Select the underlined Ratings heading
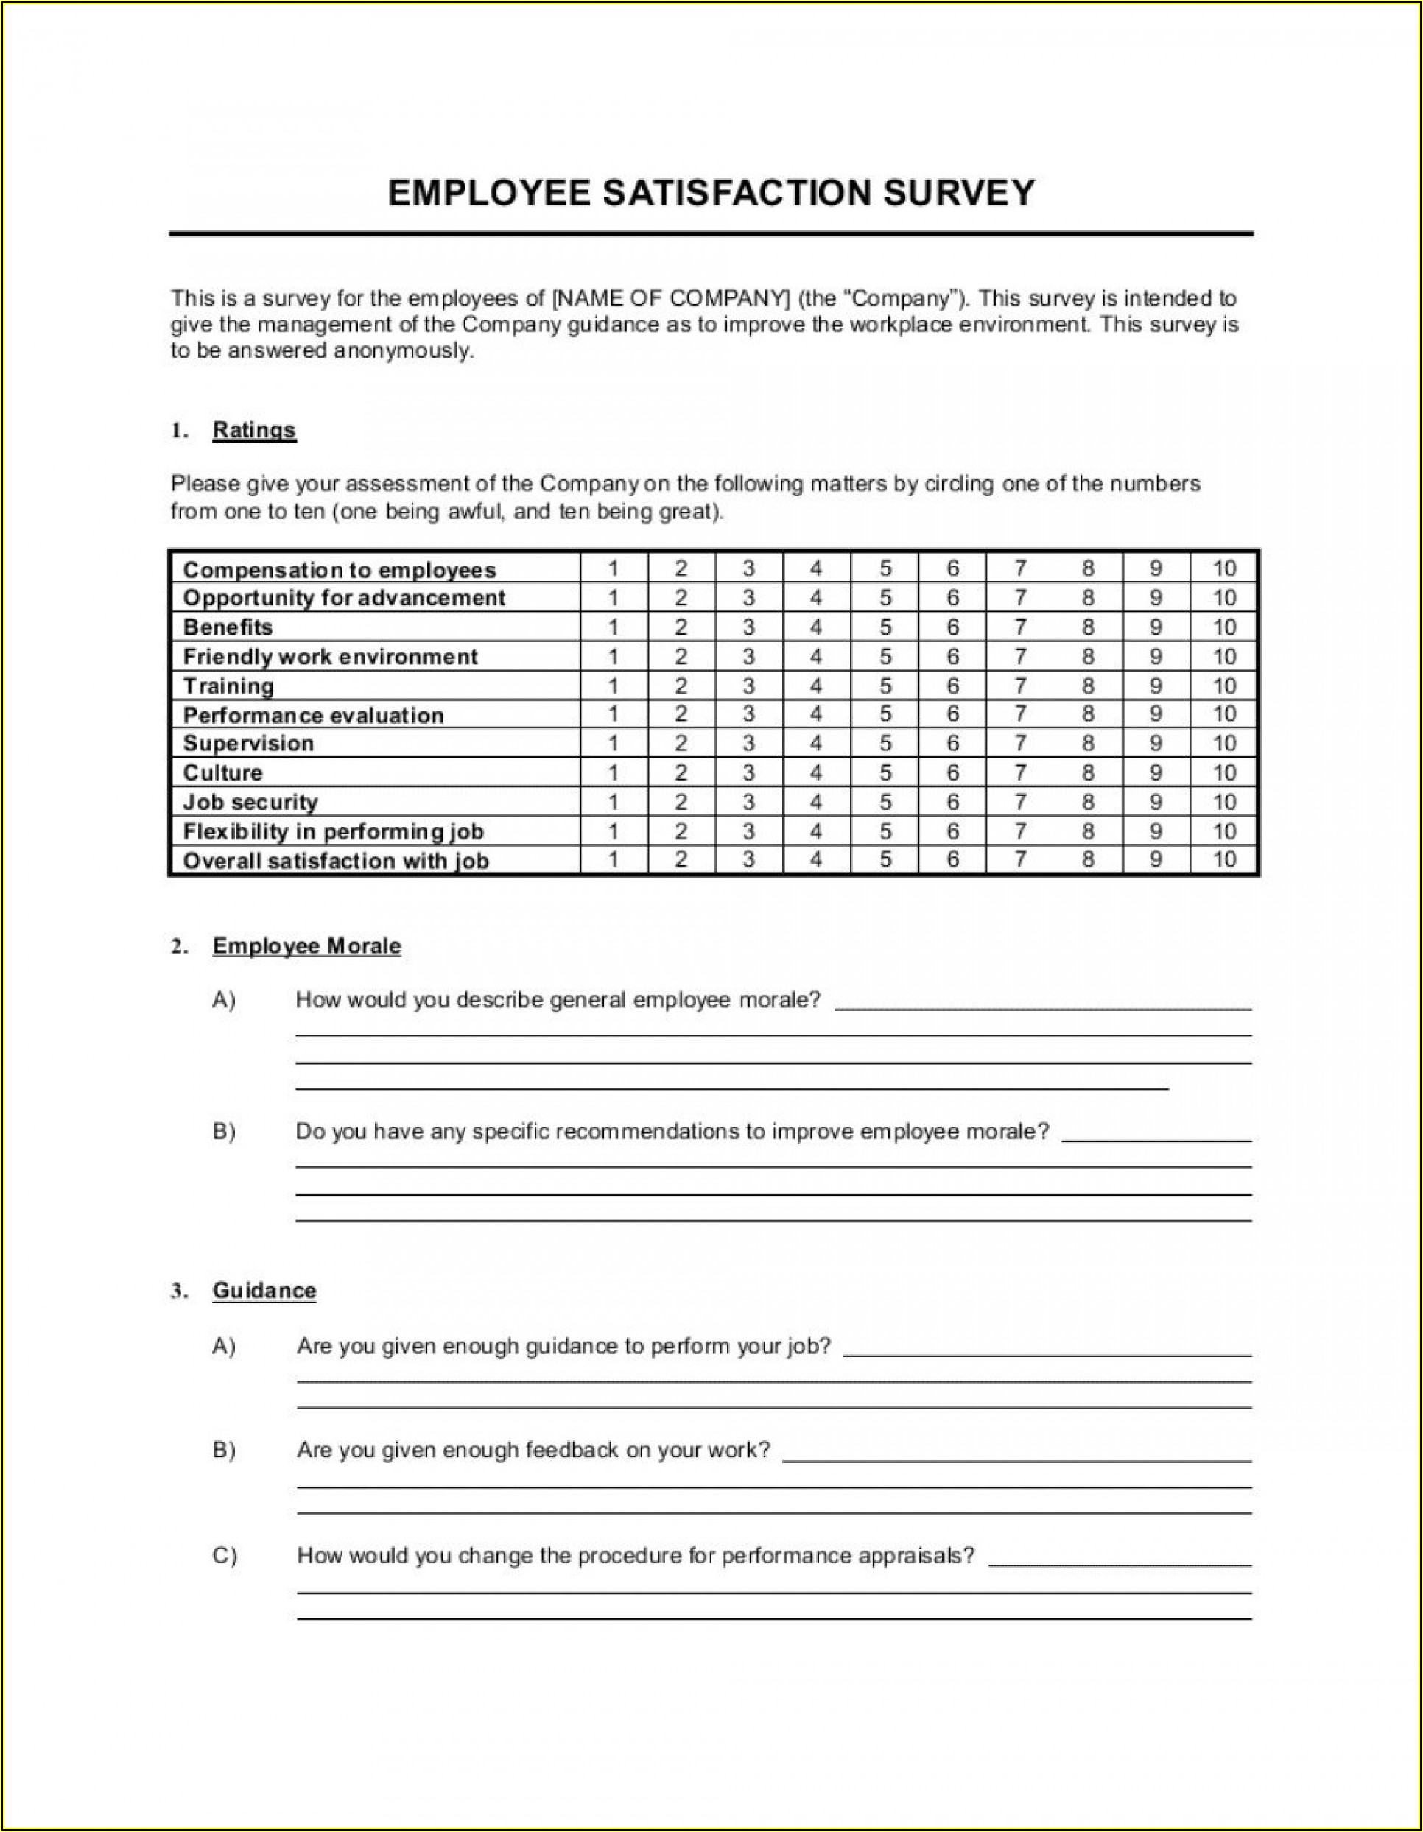(254, 430)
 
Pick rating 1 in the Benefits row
(614, 627)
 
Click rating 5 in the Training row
(885, 686)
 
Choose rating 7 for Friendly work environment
(1019, 657)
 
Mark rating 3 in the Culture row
(748, 772)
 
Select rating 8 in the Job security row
(1087, 802)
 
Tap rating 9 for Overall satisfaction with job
(1156, 860)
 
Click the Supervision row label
(248, 744)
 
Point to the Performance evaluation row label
(313, 716)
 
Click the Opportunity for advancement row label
(344, 598)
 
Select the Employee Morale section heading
(306, 946)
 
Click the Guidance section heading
(264, 1291)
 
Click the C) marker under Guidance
(224, 1556)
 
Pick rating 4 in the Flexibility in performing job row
(815, 831)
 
